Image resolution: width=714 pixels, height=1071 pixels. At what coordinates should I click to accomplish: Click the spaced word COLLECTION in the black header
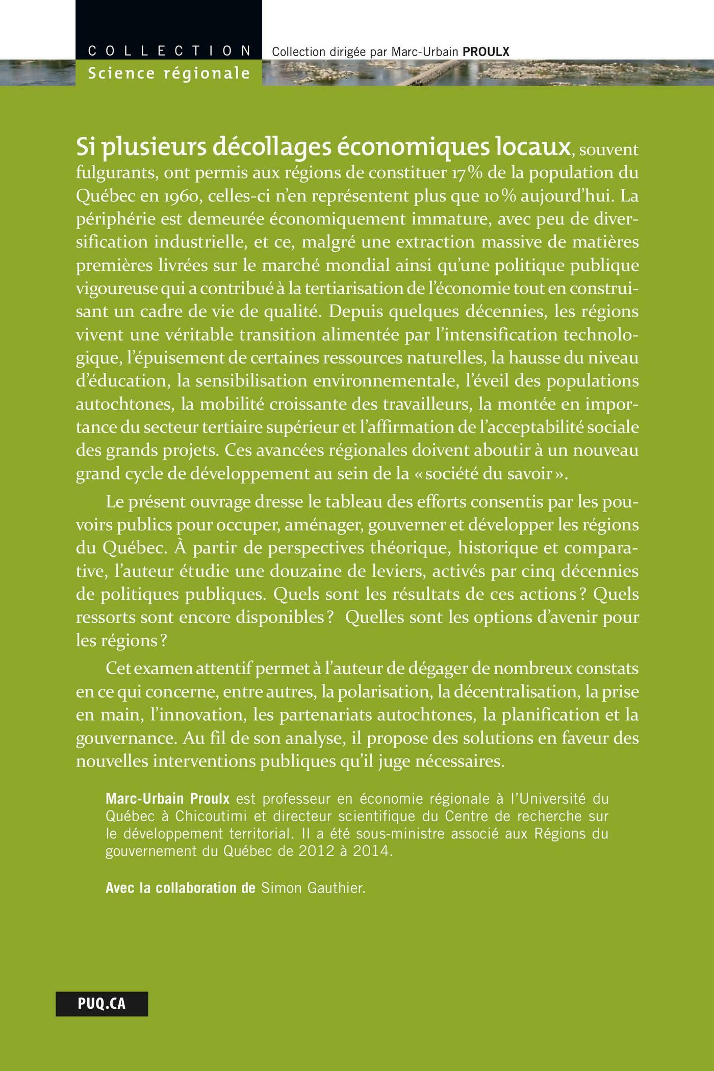(169, 51)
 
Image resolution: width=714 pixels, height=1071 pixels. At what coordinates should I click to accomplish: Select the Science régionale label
(169, 73)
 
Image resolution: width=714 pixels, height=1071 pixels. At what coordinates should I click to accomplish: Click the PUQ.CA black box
(102, 1004)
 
